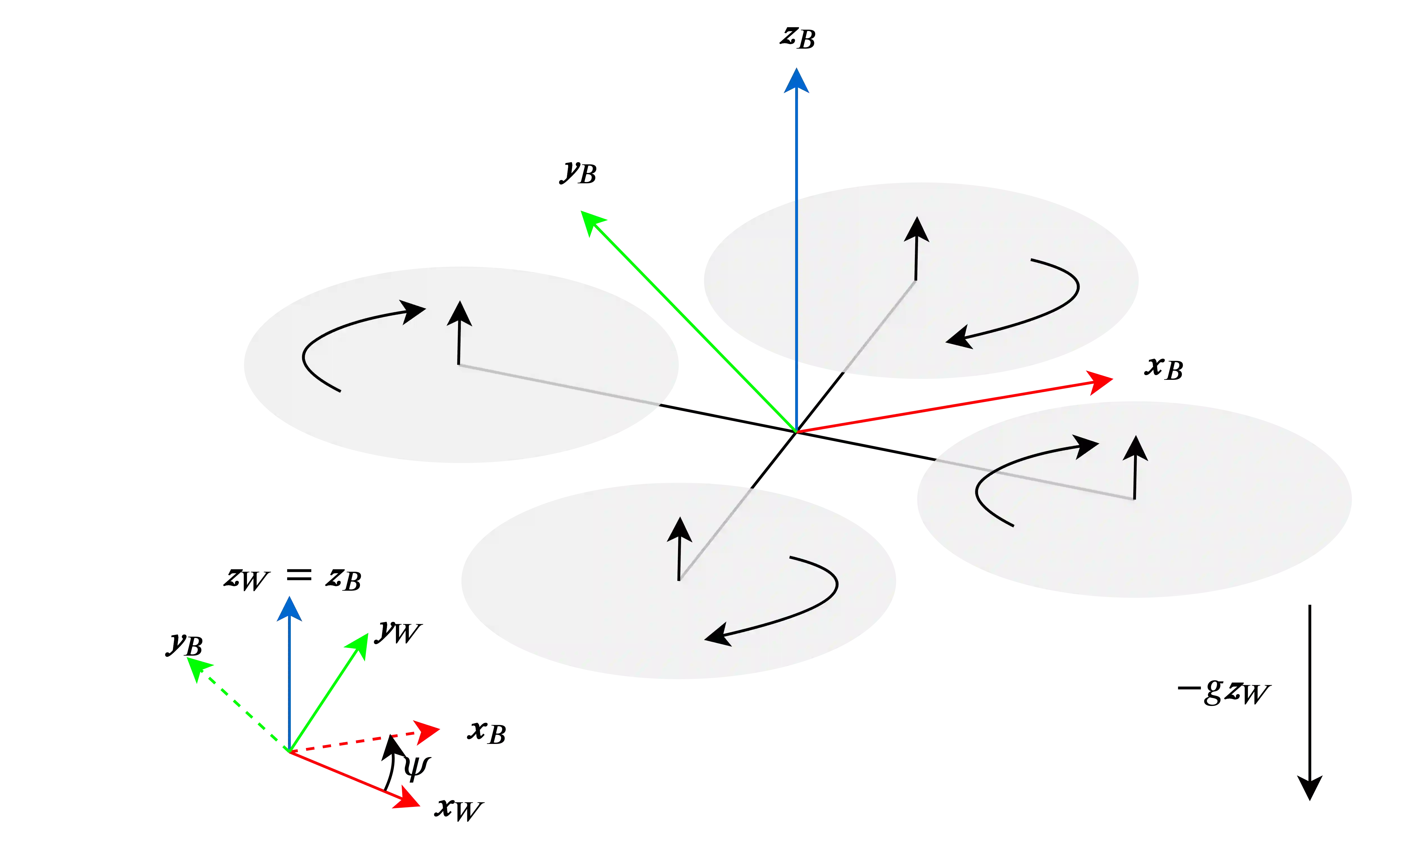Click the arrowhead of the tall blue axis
pos(796,80)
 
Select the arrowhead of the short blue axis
pos(289,608)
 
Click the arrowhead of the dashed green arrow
pos(199,669)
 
